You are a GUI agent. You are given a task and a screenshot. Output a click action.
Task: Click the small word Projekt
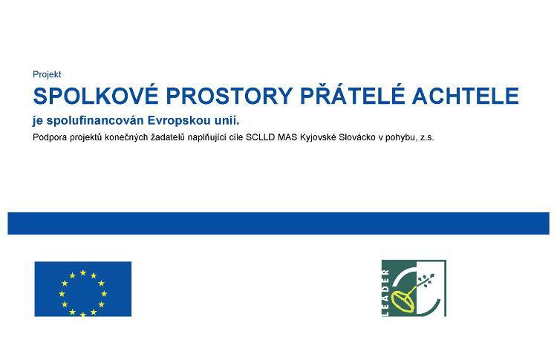click(47, 74)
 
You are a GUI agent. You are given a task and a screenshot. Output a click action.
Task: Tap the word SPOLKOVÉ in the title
click(96, 95)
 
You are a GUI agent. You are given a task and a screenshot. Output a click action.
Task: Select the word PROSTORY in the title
click(229, 96)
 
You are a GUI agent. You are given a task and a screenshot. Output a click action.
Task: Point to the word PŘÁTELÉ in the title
click(352, 95)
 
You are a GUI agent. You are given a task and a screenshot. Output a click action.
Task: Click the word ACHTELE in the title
click(466, 96)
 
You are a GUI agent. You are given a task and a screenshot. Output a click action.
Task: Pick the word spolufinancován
click(95, 121)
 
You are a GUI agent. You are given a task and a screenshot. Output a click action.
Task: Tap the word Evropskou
click(179, 121)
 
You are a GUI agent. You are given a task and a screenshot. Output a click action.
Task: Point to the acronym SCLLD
click(260, 137)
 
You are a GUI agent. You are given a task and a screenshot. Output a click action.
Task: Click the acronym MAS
click(287, 137)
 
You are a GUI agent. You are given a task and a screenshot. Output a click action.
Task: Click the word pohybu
click(401, 138)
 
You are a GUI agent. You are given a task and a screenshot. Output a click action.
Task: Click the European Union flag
click(82, 289)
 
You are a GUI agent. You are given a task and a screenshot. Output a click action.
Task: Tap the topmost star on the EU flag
click(83, 272)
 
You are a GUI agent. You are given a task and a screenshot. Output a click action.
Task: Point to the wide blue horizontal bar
click(278, 223)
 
